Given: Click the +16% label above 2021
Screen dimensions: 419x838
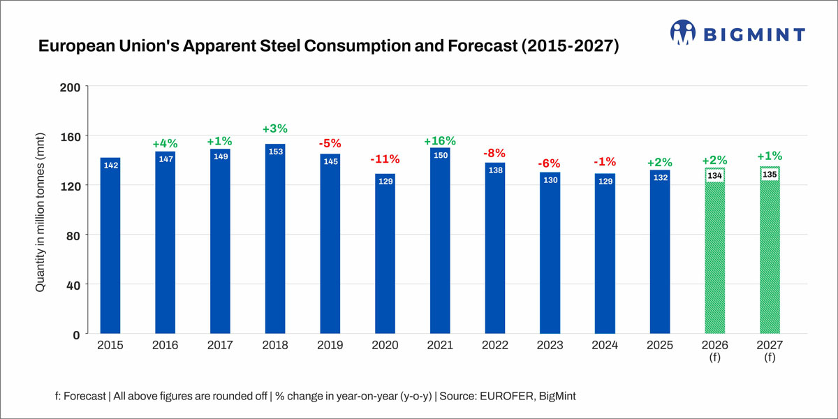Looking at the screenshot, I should (x=440, y=141).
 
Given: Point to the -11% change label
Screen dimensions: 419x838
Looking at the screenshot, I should (x=385, y=159).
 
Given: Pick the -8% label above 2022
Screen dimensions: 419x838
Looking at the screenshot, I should (x=495, y=153).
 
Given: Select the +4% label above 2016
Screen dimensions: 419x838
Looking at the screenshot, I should (x=166, y=144).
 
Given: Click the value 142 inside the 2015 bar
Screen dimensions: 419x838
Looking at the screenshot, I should (x=110, y=166).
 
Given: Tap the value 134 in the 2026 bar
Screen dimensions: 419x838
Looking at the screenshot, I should (x=714, y=175).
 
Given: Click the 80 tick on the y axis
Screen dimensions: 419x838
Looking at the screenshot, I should (x=74, y=235).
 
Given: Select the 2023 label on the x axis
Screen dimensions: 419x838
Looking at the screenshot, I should (x=550, y=346).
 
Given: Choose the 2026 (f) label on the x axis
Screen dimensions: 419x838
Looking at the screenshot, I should (x=714, y=351).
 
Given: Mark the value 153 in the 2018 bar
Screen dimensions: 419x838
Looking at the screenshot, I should (x=275, y=152).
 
